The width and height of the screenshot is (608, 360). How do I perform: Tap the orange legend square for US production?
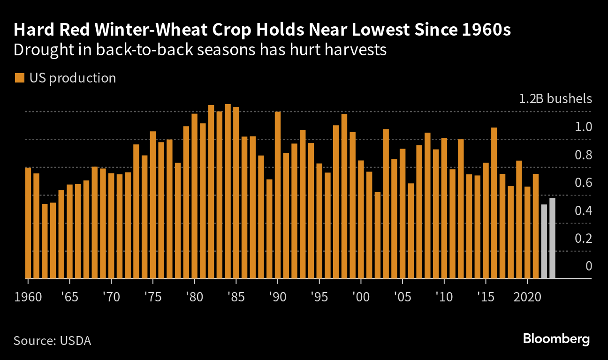(19, 78)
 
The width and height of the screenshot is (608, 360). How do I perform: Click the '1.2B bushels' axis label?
(555, 99)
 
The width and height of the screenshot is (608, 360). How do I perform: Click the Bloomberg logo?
(556, 339)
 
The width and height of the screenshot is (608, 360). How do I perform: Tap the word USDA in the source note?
(76, 341)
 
